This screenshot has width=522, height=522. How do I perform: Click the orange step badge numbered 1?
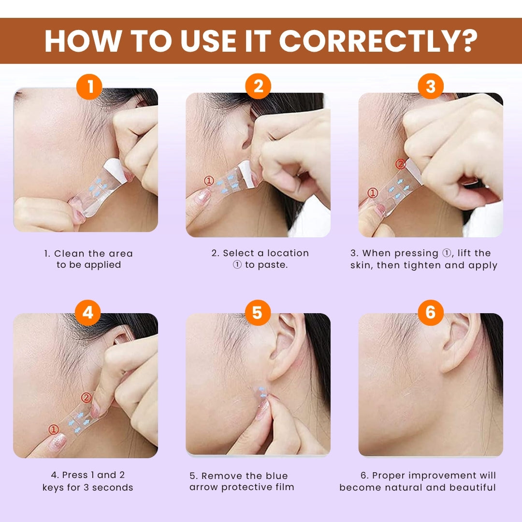pyautogui.click(x=89, y=87)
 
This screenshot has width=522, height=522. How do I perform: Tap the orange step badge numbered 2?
pyautogui.click(x=258, y=87)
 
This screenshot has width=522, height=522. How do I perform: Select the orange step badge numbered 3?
pyautogui.click(x=430, y=87)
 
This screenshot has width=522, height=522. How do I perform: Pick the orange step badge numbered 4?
pyautogui.click(x=88, y=313)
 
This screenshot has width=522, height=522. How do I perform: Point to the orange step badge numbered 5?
pyautogui.click(x=257, y=313)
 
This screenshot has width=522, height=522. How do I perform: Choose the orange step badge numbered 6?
pyautogui.click(x=430, y=313)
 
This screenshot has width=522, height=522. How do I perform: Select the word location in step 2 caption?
pyautogui.click(x=285, y=253)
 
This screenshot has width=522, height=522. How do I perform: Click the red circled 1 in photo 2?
pyautogui.click(x=208, y=181)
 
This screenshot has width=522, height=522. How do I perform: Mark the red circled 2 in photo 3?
pyautogui.click(x=400, y=164)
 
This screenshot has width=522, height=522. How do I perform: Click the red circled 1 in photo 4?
pyautogui.click(x=54, y=429)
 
